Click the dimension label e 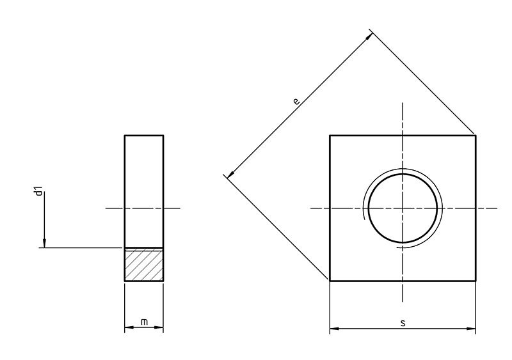(295, 101)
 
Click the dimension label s (403, 323)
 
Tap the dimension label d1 (39, 191)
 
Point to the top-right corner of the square (475, 135)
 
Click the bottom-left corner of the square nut (330, 281)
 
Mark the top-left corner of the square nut (330, 135)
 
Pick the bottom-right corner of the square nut (475, 281)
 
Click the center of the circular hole (403, 208)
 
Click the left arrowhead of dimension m (128, 330)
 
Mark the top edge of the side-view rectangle (144, 136)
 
